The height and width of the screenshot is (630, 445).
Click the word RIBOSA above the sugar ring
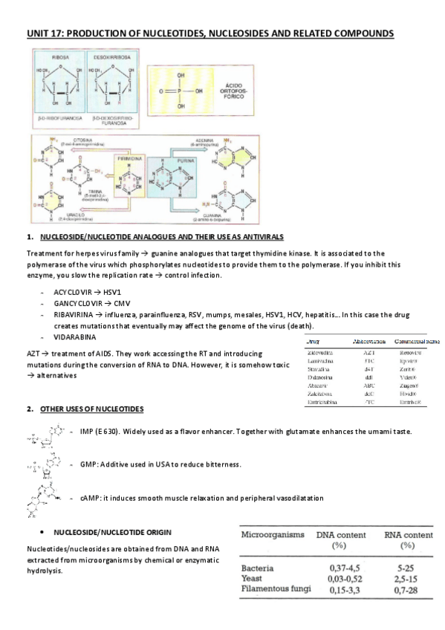(61, 56)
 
